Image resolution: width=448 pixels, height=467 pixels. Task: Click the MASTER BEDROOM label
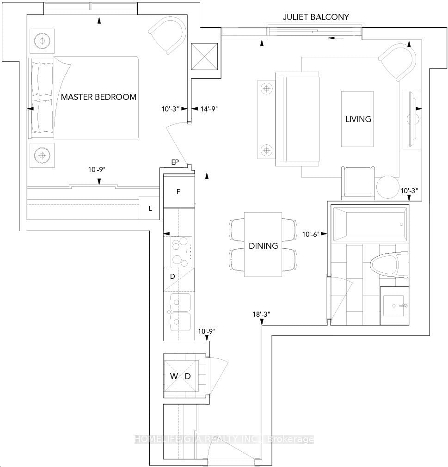[98, 97]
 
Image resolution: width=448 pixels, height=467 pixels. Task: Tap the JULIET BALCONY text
[316, 17]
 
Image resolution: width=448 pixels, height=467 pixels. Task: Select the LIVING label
[358, 119]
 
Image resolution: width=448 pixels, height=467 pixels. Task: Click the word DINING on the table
[263, 246]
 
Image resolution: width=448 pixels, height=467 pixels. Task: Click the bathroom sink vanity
[394, 305]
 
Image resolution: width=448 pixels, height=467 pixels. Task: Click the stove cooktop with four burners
[181, 252]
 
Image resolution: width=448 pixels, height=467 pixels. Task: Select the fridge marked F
[178, 191]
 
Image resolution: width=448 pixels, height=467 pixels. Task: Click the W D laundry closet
[181, 376]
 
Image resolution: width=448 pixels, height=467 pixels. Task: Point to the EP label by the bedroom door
[175, 162]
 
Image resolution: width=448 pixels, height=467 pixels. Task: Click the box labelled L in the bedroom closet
[150, 209]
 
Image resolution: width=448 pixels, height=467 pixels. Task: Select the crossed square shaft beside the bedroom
[204, 56]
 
